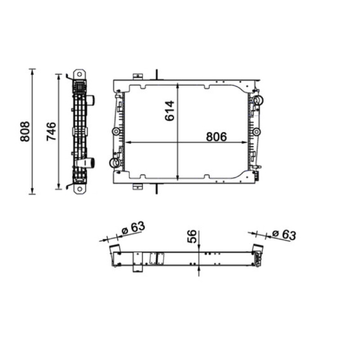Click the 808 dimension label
[25, 131]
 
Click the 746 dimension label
[51, 131]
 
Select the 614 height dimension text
[170, 111]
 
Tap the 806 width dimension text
[216, 137]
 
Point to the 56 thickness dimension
[192, 236]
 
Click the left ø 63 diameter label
[133, 228]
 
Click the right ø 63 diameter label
[284, 234]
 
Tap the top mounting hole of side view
[80, 74]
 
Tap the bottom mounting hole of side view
[80, 189]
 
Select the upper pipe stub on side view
[91, 100]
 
